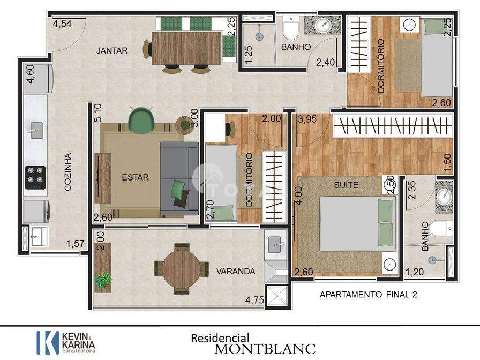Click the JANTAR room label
point(112,50)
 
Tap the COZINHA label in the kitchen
point(67,172)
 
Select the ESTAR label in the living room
point(136,177)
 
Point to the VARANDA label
point(236,271)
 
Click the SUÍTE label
point(346,185)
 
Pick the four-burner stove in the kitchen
point(35,177)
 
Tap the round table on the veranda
point(181,269)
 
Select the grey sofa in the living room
point(179,178)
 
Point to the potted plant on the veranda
point(103,280)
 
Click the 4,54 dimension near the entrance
point(62,24)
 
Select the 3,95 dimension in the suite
point(307,119)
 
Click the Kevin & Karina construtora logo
point(66,342)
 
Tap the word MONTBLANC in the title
point(265,349)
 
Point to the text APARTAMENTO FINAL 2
point(369,295)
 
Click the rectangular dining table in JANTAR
point(186,48)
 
